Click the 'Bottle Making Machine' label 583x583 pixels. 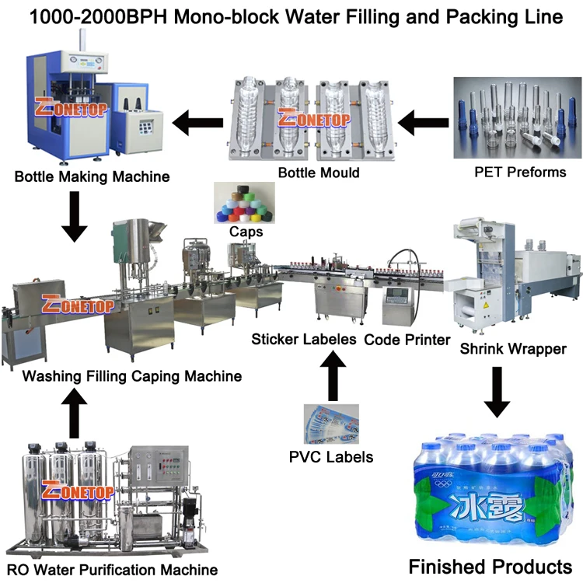[92, 176]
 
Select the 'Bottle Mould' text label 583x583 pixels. [319, 172]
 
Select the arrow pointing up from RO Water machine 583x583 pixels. [75, 414]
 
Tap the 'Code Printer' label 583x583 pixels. [407, 340]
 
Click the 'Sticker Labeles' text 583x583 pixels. [304, 340]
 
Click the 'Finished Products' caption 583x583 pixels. [490, 565]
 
